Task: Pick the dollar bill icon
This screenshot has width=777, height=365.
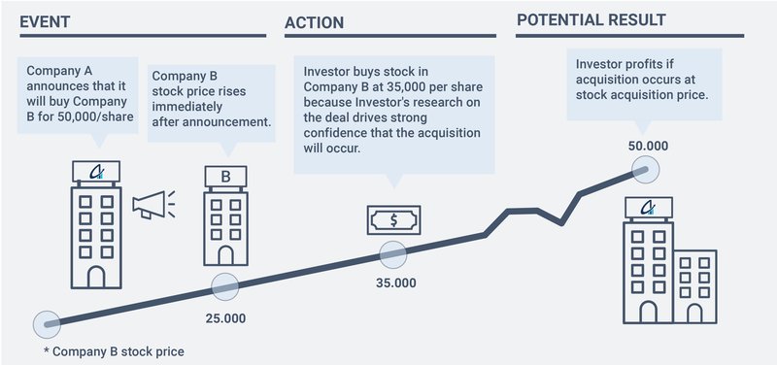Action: click(393, 220)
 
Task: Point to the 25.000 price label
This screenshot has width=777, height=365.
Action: click(225, 317)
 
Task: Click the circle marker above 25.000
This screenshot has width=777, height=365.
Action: click(224, 287)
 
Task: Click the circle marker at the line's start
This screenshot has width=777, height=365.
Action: click(46, 324)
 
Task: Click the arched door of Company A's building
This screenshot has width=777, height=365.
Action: click(95, 276)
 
